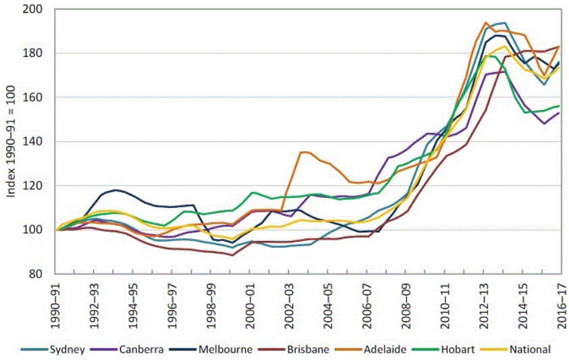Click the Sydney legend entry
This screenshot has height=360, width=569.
(53, 349)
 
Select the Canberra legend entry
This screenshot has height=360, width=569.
(128, 349)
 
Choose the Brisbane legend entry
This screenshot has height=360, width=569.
(294, 349)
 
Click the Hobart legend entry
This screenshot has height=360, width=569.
(444, 349)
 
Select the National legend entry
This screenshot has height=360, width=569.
(516, 349)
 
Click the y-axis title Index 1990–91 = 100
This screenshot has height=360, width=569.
(11, 142)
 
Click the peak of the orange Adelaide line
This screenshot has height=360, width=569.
(485, 22)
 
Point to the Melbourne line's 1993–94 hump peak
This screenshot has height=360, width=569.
(115, 190)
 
